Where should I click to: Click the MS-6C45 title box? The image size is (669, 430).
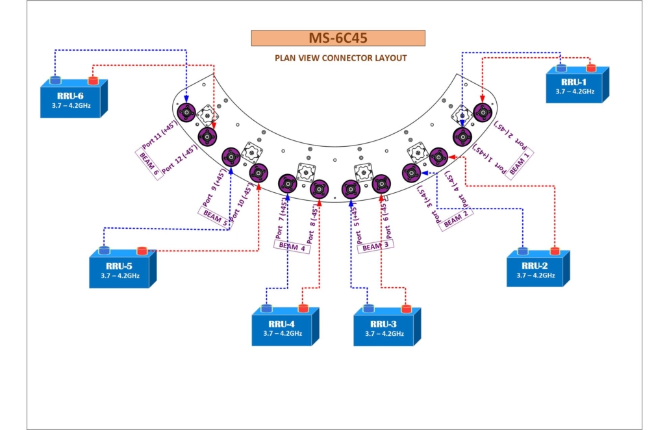pyautogui.click(x=338, y=38)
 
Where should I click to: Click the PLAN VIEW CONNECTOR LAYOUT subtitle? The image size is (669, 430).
pyautogui.click(x=340, y=58)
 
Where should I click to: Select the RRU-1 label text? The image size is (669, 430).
pyautogui.click(x=574, y=82)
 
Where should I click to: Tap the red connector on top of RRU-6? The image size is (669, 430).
pyautogui.click(x=93, y=80)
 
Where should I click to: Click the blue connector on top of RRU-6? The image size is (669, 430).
pyautogui.click(x=55, y=80)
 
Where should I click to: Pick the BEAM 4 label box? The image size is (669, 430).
pyautogui.click(x=291, y=246)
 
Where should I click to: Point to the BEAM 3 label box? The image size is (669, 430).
pyautogui.click(x=375, y=246)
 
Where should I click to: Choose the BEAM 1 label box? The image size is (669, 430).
pyautogui.click(x=522, y=162)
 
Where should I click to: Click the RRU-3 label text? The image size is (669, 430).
pyautogui.click(x=384, y=324)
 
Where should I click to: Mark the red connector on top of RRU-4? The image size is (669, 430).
pyautogui.click(x=303, y=308)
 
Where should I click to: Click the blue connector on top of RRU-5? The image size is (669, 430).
pyautogui.click(x=104, y=251)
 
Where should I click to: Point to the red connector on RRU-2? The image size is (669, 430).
pyautogui.click(x=555, y=251)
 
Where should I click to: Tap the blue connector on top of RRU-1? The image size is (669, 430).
pyautogui.click(x=561, y=68)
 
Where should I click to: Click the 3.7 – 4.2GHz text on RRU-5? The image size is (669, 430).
pyautogui.click(x=120, y=276)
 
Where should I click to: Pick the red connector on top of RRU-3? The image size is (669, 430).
pyautogui.click(x=407, y=308)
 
